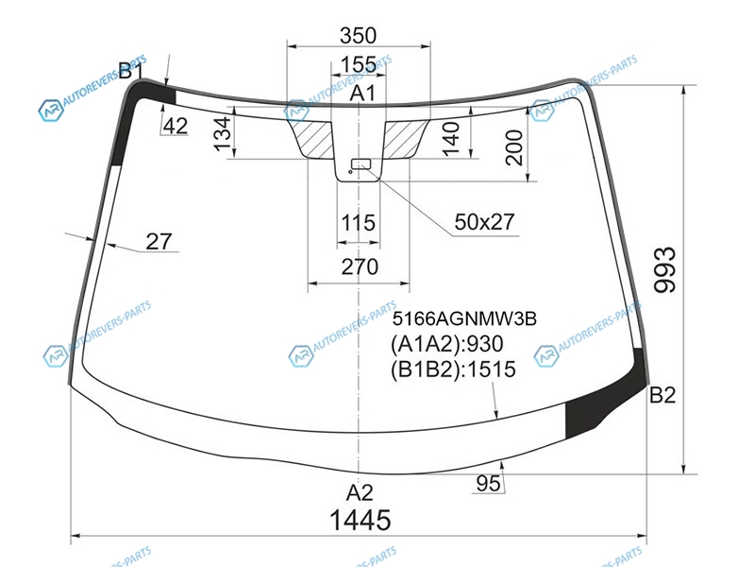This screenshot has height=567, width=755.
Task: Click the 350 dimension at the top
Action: click(x=358, y=35)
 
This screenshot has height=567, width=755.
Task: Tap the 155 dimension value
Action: click(x=359, y=64)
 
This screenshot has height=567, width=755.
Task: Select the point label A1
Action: click(x=362, y=93)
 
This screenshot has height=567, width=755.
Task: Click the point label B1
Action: click(x=130, y=71)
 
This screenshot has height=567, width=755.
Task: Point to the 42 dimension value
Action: click(x=175, y=127)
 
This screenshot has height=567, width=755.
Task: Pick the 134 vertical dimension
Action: click(x=223, y=133)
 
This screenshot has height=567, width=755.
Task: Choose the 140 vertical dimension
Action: click(x=451, y=139)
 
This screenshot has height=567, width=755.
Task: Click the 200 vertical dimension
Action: click(x=513, y=147)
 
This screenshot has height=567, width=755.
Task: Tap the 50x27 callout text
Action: click(x=484, y=222)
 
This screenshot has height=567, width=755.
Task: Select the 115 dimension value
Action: click(x=359, y=223)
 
